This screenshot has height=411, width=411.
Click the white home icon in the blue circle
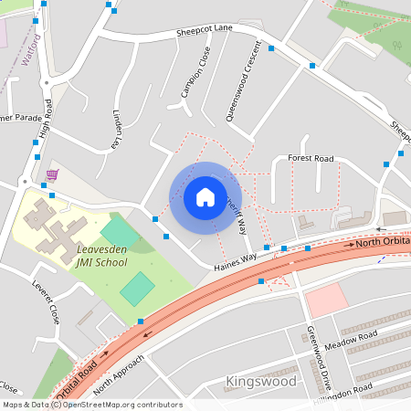[x=205, y=196]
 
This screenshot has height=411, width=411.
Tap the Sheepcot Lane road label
[x=205, y=34]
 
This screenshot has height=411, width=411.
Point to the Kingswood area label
[x=260, y=381]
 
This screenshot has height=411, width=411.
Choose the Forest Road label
[x=311, y=158]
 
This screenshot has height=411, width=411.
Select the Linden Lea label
[x=117, y=129]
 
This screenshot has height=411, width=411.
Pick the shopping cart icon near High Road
[x=52, y=174]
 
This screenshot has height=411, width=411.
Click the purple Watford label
[x=30, y=49]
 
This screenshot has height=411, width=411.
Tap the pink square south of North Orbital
[x=327, y=299]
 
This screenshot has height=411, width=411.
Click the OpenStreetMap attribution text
[x=91, y=405]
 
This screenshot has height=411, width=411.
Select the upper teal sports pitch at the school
[x=119, y=231]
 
